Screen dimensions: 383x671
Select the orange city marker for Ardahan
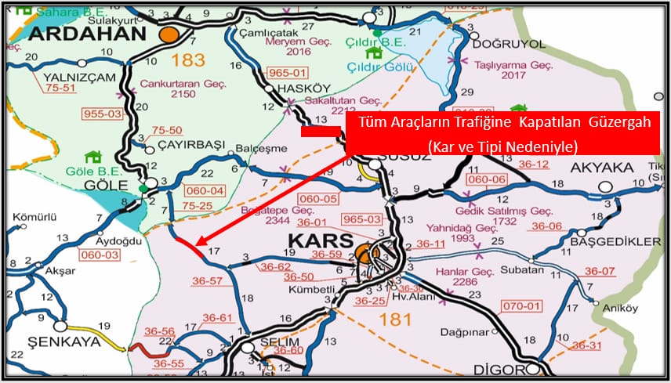[169, 34]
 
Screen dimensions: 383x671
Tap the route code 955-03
[103, 114]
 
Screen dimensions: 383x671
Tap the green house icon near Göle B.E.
[95, 157]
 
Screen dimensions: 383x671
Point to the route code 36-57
[208, 280]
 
